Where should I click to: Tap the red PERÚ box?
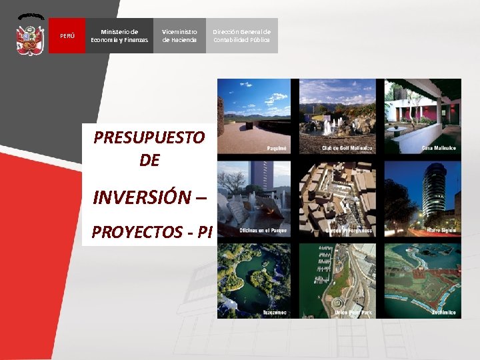67,35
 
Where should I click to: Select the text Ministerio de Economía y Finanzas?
119,35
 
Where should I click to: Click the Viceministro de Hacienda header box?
179,35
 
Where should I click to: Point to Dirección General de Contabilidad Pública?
241,35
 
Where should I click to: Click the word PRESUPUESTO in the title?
149,138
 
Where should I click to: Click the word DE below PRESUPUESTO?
149,161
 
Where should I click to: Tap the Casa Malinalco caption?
439,147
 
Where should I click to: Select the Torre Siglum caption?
441,231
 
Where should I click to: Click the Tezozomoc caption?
275,311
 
